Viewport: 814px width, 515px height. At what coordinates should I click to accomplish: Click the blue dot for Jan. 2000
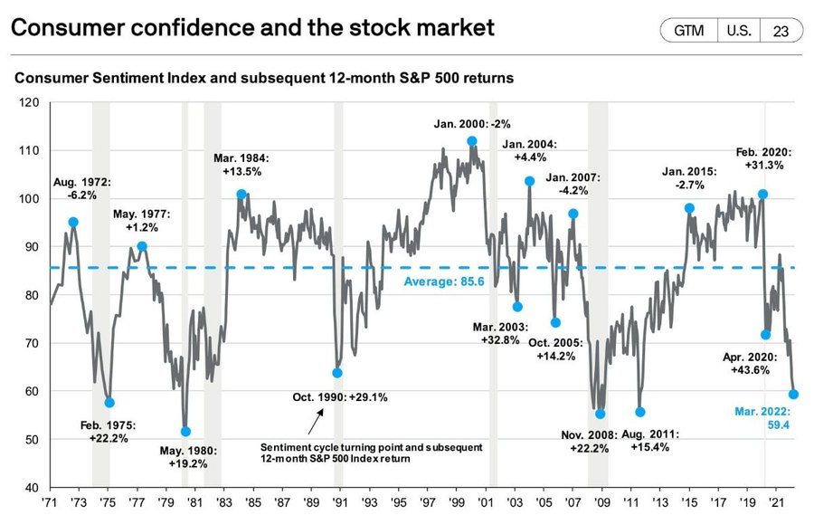(x=472, y=141)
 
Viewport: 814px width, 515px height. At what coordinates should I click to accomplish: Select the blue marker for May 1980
(x=185, y=432)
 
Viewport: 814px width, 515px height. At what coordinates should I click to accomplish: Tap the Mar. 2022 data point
(x=793, y=394)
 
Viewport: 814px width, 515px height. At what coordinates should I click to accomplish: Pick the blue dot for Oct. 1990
(x=337, y=373)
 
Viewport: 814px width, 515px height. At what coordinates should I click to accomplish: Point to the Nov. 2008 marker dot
(x=600, y=414)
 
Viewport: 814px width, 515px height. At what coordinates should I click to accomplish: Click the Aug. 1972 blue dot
(x=73, y=222)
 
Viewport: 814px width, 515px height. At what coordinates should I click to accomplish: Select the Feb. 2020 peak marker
(x=763, y=195)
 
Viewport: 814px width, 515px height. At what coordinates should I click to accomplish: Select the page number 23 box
(x=780, y=30)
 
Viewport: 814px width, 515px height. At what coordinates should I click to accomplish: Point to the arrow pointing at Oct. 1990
(x=315, y=422)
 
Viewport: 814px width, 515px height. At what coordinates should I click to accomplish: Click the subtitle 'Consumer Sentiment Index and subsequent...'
(x=264, y=79)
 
